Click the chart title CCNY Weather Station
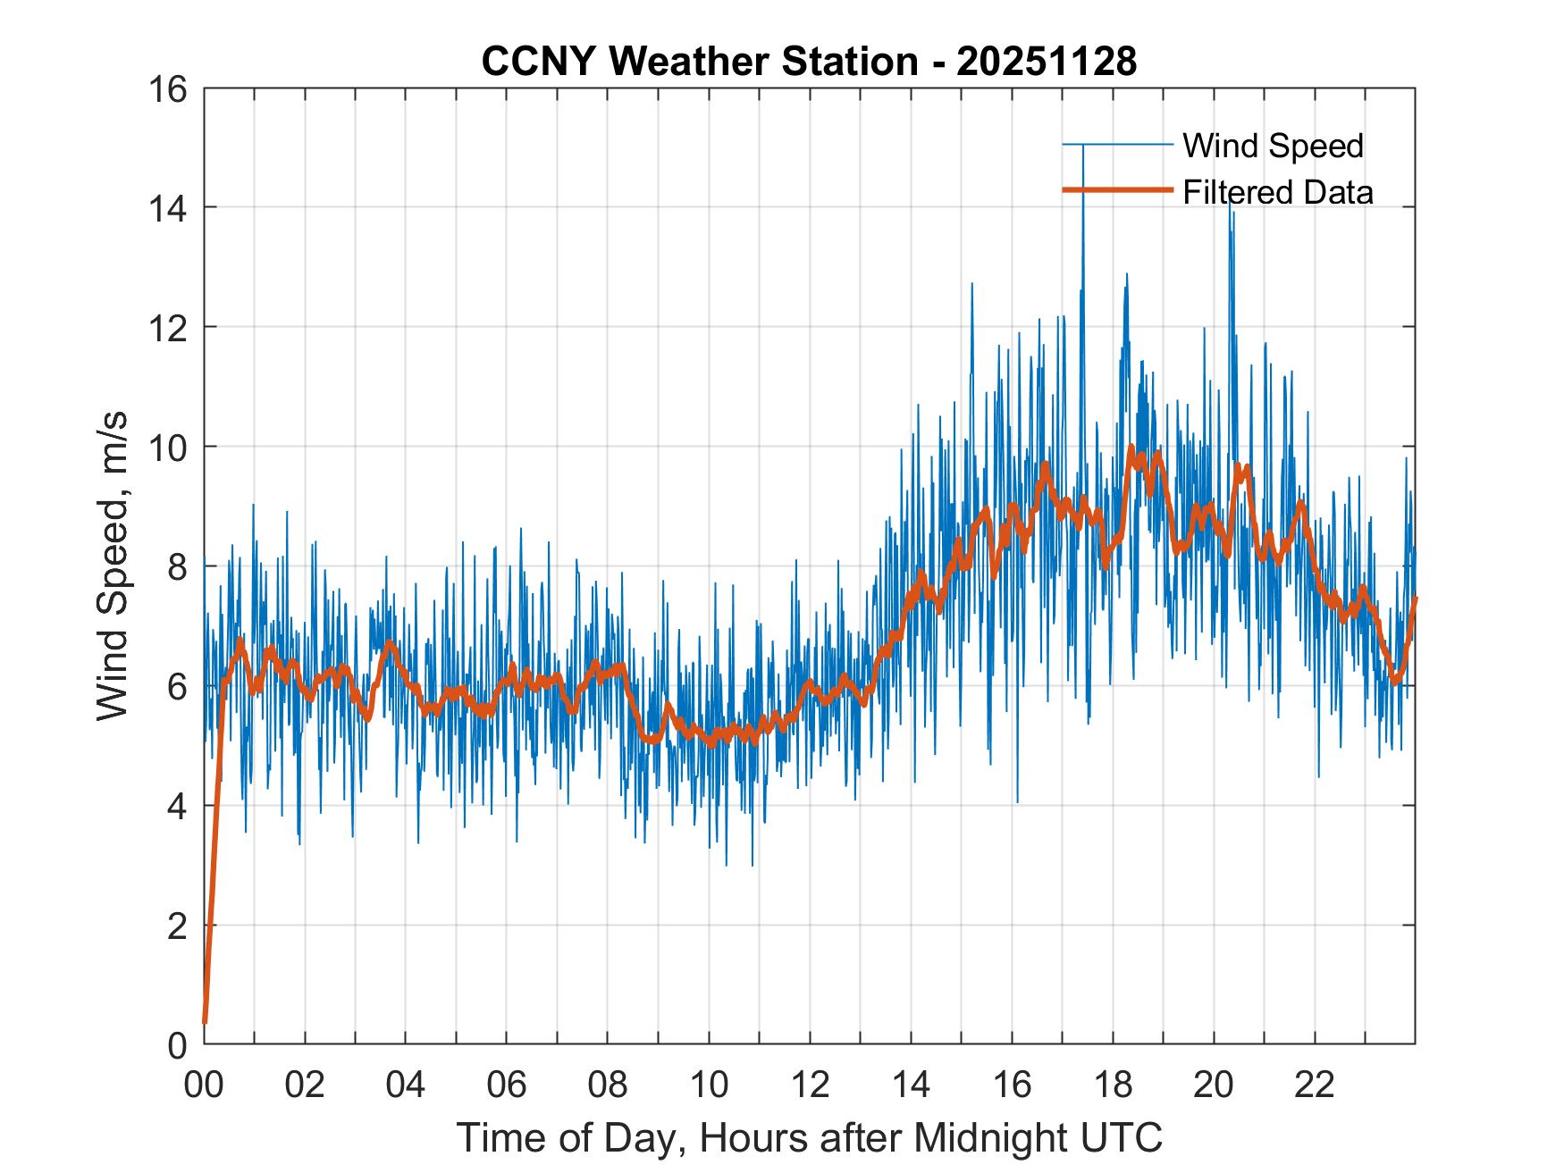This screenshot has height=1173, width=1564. [700, 62]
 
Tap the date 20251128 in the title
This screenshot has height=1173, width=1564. [1047, 62]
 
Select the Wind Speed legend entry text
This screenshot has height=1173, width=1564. [1273, 146]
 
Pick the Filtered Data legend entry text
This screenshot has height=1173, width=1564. [1277, 192]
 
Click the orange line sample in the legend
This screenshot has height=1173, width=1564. [1117, 190]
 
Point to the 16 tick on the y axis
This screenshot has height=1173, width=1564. [170, 89]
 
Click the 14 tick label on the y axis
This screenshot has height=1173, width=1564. [170, 208]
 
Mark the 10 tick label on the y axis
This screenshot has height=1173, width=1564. [170, 447]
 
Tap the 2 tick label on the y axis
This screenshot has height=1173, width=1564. [178, 925]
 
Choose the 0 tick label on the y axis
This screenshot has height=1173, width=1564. [178, 1044]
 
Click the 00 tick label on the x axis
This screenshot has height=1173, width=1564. [204, 1085]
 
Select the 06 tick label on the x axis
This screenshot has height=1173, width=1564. [507, 1085]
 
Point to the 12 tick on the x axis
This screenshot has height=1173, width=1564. [810, 1085]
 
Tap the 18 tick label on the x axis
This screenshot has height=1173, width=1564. [1113, 1085]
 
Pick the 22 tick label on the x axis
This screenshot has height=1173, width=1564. [1315, 1085]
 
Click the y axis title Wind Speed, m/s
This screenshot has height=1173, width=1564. [113, 566]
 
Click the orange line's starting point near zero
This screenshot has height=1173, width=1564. [205, 1021]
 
